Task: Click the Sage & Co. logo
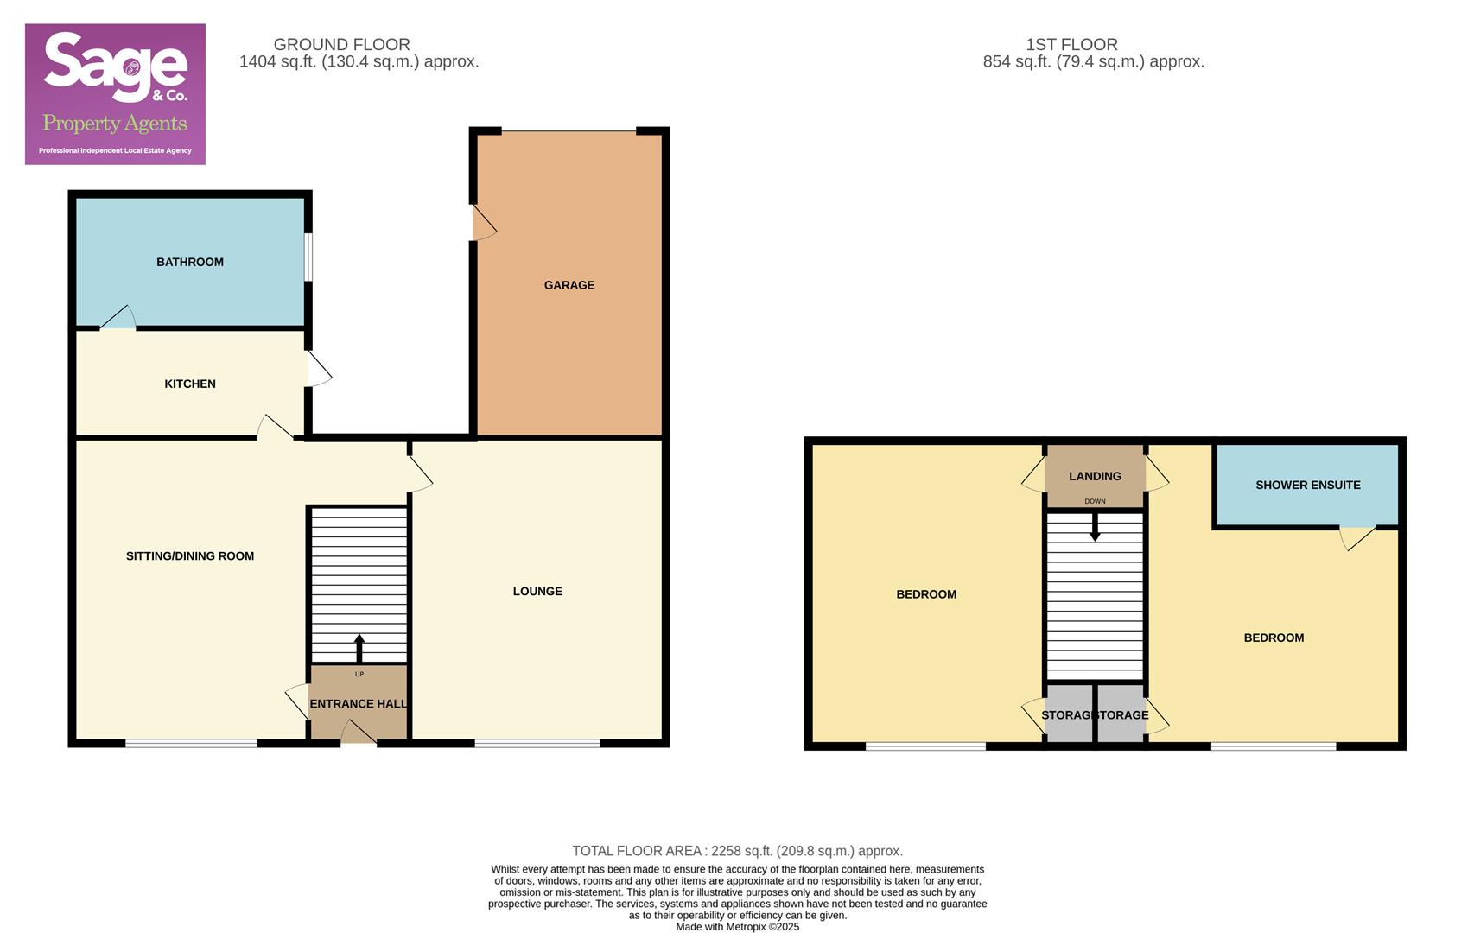[x=115, y=93]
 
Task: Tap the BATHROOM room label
[x=190, y=262]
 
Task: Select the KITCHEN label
[x=190, y=384]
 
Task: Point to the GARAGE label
[x=569, y=285]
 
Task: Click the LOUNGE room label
[x=537, y=592]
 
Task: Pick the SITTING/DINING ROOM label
[x=190, y=556]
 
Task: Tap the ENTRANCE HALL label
[x=358, y=704]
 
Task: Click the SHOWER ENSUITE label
[x=1308, y=486]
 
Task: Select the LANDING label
[x=1095, y=476]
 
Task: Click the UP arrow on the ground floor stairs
[x=359, y=648]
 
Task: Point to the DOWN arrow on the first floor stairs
[x=1095, y=528]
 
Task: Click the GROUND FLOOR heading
[x=342, y=44]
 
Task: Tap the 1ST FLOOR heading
[x=1071, y=44]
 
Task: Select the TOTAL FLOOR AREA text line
[x=737, y=851]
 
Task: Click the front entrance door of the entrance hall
[x=359, y=734]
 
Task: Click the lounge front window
[x=537, y=743]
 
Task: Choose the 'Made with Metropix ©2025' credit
[x=737, y=927]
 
